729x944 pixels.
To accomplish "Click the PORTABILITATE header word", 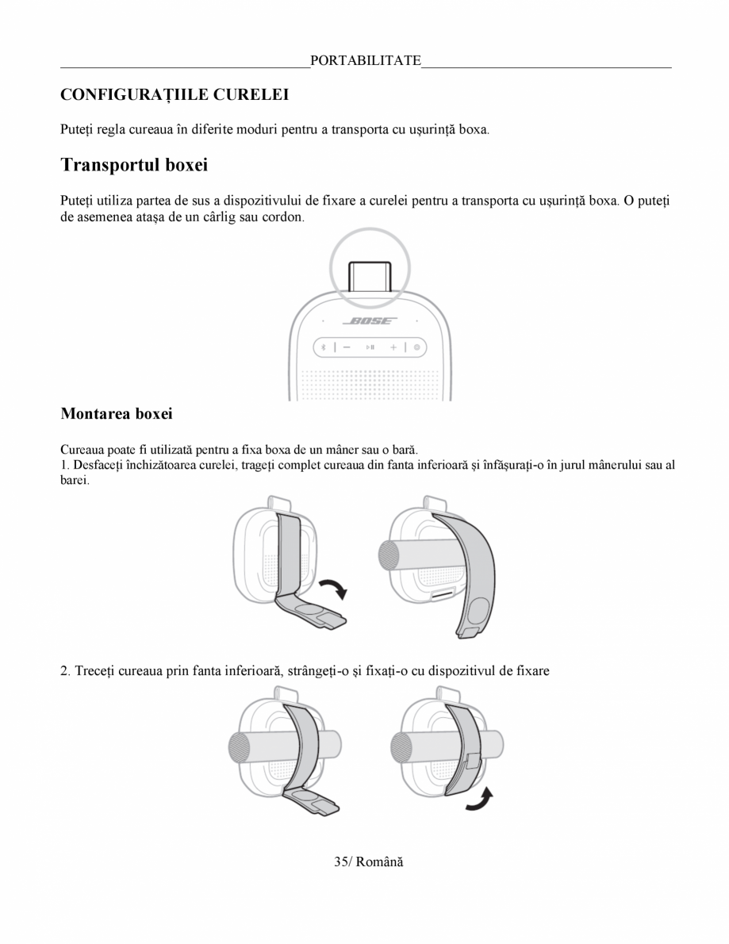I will [x=366, y=60].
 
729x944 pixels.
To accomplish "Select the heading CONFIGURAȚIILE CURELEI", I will [x=175, y=94].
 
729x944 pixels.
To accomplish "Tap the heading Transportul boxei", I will [x=134, y=165].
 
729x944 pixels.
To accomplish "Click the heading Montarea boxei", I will [x=117, y=413].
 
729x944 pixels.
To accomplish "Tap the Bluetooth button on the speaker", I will [x=324, y=347].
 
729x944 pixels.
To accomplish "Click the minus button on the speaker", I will [x=348, y=347].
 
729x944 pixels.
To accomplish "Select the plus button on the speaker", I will [x=394, y=347].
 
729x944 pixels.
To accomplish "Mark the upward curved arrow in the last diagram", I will [x=478, y=800].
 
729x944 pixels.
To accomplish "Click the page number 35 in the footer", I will [x=341, y=861].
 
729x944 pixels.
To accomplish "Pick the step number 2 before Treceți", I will [x=64, y=671].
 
